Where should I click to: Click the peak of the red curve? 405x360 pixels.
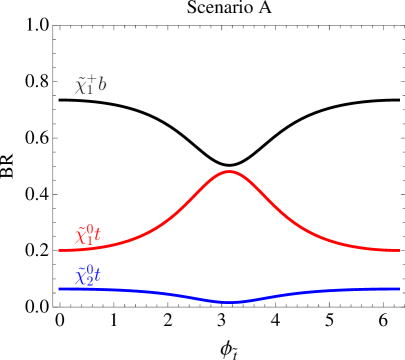230,172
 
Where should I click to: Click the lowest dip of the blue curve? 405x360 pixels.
230,301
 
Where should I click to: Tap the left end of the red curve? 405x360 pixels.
59,250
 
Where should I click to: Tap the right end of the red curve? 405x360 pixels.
399,250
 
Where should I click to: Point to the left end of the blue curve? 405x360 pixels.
59,289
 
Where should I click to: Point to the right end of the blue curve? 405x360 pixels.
399,289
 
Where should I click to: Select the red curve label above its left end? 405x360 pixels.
88,236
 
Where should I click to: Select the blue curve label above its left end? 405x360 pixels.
88,275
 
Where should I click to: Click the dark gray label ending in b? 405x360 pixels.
90,85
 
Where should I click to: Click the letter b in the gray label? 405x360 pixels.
101,85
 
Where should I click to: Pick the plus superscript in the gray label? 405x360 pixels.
92,80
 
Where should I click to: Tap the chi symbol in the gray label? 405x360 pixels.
81,87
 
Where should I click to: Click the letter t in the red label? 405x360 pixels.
98,237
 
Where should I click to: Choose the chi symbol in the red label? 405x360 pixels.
81,238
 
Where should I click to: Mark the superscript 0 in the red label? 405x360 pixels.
91,231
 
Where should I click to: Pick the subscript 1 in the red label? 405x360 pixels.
89,242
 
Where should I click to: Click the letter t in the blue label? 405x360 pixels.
98,276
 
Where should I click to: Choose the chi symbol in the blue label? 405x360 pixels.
81,277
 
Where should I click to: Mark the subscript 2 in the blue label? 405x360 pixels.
89,281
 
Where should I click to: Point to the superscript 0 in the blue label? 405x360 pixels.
91,270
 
